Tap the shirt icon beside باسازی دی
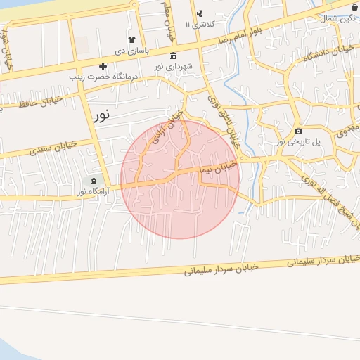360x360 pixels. click(x=131, y=39)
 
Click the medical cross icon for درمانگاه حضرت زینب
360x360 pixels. click(x=103, y=65)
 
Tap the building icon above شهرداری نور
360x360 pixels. click(x=174, y=56)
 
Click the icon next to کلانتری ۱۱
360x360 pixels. click(x=200, y=13)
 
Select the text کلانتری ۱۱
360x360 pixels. click(x=198, y=25)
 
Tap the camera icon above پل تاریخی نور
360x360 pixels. click(x=299, y=131)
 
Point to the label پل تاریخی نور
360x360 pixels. click(x=299, y=141)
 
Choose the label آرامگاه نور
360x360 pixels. click(x=92, y=191)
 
